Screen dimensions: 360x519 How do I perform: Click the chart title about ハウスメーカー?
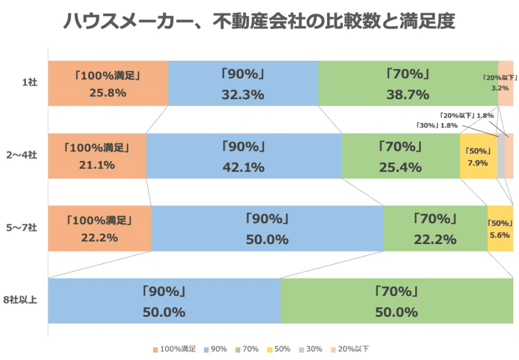click(x=259, y=22)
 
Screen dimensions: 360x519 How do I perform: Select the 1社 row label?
click(x=29, y=83)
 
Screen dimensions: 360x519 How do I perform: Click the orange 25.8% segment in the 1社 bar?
click(x=108, y=83)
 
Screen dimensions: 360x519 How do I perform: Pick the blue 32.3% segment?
click(x=243, y=83)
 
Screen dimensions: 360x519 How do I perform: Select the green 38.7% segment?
click(x=408, y=83)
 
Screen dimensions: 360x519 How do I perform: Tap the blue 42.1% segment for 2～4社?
click(x=243, y=156)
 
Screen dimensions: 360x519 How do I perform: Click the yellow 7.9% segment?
click(x=478, y=156)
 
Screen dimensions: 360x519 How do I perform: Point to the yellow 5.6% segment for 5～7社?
click(x=500, y=228)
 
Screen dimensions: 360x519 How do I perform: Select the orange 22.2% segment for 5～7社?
click(x=100, y=228)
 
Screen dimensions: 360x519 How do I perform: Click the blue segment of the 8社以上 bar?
click(x=164, y=301)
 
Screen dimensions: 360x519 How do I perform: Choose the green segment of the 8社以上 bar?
click(x=397, y=301)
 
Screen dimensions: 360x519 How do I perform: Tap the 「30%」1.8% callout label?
click(x=437, y=125)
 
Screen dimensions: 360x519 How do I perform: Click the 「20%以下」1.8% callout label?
click(x=467, y=115)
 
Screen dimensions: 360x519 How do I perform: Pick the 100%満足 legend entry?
click(x=175, y=349)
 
